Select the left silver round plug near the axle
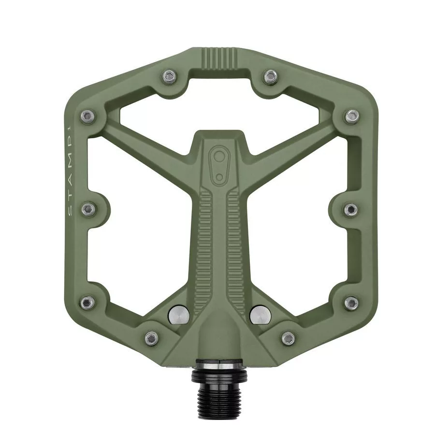[178, 315]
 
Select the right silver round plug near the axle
[260, 315]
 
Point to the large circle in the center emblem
[219, 156]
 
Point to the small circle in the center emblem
[219, 177]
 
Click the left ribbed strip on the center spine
[205, 250]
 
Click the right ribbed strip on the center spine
[234, 250]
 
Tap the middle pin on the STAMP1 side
[88, 209]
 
